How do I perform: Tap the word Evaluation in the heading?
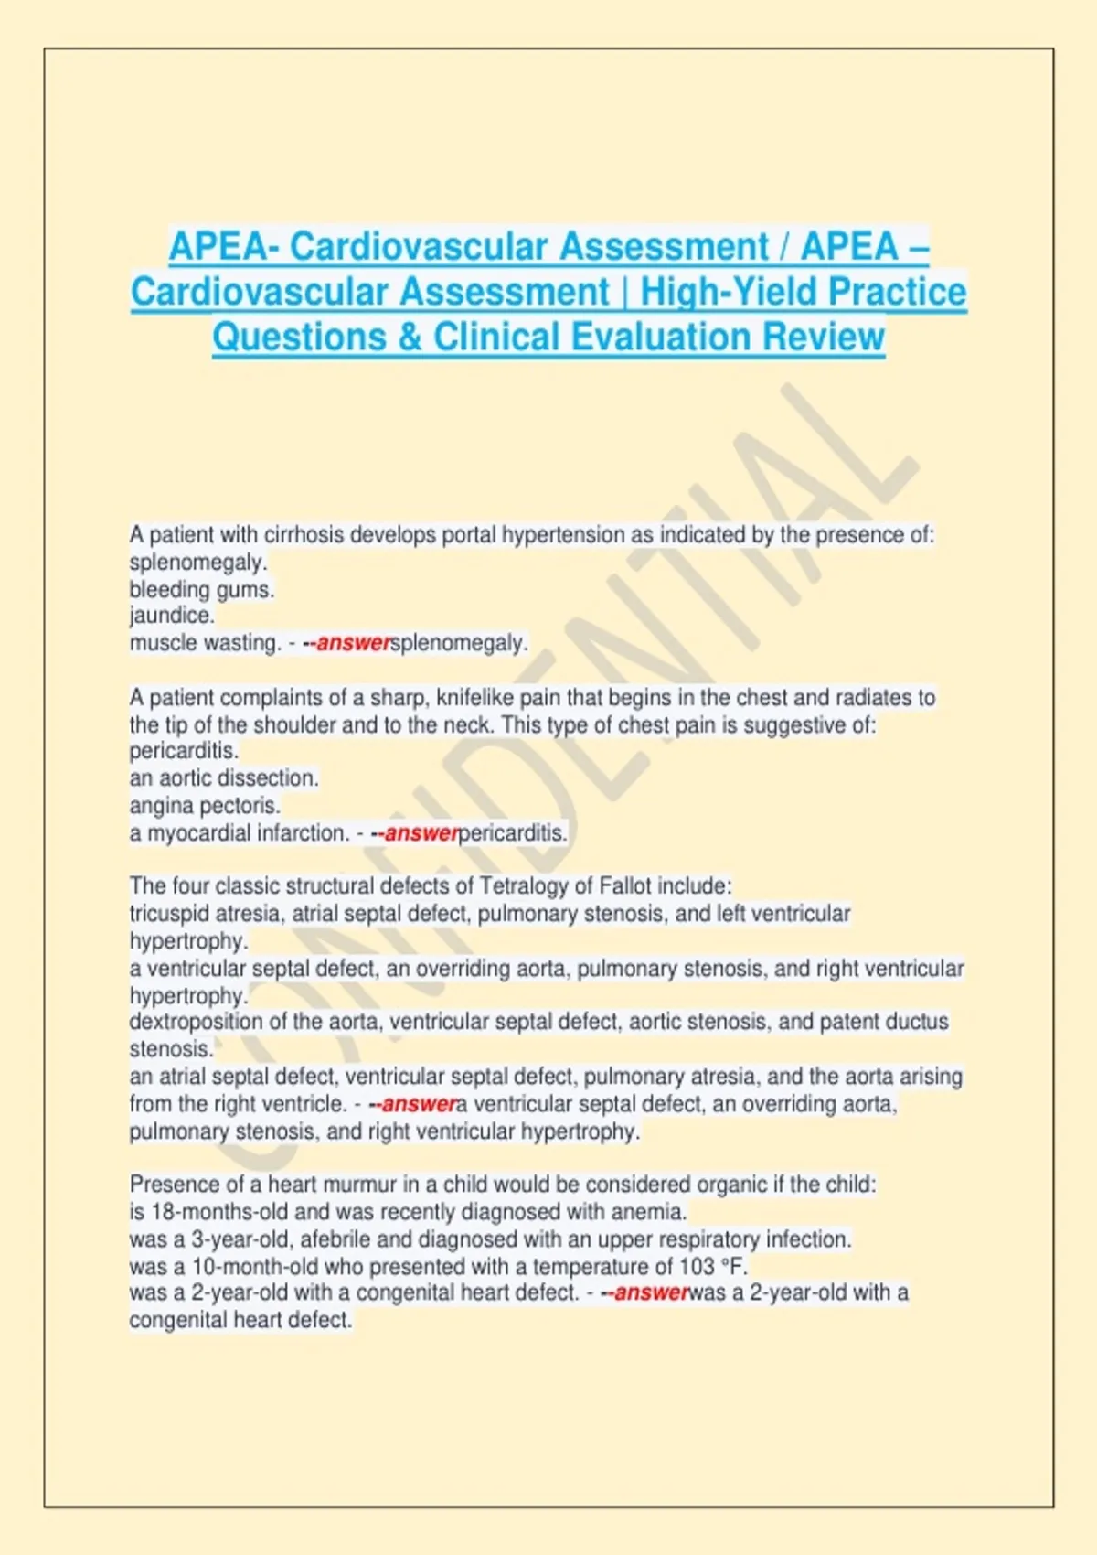point(660,337)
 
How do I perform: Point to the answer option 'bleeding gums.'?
point(202,590)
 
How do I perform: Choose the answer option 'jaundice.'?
point(172,616)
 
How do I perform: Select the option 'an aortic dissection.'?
point(224,778)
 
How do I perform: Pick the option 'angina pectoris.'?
point(205,806)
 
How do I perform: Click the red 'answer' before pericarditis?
point(421,833)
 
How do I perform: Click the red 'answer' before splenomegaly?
point(353,643)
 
